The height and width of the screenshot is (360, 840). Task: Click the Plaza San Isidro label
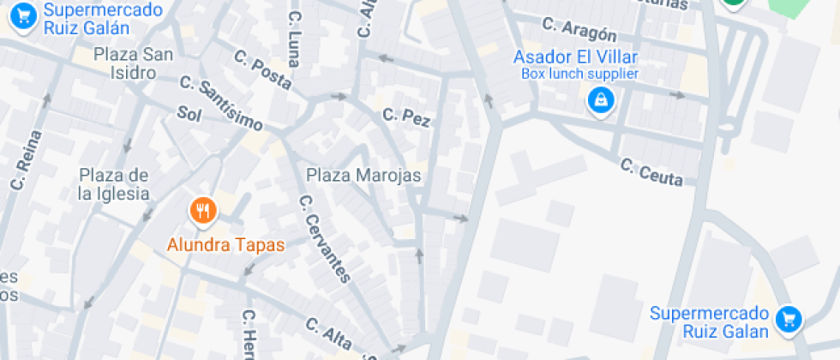click(x=133, y=63)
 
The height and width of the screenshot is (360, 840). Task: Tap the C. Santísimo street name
click(x=221, y=105)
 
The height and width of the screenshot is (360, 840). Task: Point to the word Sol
click(x=189, y=112)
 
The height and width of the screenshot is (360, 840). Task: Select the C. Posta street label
click(x=263, y=69)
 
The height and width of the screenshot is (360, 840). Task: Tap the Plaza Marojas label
click(x=364, y=175)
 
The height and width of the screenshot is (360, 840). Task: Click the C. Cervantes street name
click(x=325, y=237)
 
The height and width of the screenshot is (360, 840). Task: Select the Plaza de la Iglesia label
click(x=114, y=184)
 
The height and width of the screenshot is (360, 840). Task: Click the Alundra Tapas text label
click(x=225, y=245)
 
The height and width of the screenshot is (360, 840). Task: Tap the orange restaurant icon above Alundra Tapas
click(x=202, y=209)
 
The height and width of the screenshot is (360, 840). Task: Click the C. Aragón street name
click(x=580, y=30)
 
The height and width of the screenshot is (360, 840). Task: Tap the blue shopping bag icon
click(x=600, y=101)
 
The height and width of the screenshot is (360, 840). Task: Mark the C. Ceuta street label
click(x=651, y=171)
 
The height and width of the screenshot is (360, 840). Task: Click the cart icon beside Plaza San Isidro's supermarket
click(x=22, y=15)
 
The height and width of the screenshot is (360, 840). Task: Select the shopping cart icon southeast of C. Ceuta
click(x=788, y=320)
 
